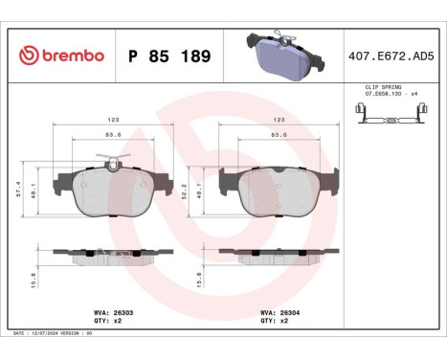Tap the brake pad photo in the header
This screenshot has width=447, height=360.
tap(282, 55)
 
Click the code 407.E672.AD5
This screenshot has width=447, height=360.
tap(392, 55)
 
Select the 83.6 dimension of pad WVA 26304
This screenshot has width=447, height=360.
tap(279, 134)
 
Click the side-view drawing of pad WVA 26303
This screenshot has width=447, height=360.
tap(113, 253)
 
